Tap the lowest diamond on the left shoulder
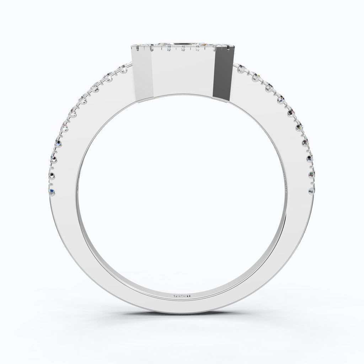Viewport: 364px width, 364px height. pos(52,192)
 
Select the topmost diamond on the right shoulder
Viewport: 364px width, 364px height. pos(240,69)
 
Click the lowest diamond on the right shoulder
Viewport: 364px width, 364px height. pos(312,191)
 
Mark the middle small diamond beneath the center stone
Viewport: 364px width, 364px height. pos(183,49)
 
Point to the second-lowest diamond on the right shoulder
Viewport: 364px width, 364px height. pos(312,174)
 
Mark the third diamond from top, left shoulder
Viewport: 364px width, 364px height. pos(95,86)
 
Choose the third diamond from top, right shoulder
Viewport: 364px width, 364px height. pos(269,87)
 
